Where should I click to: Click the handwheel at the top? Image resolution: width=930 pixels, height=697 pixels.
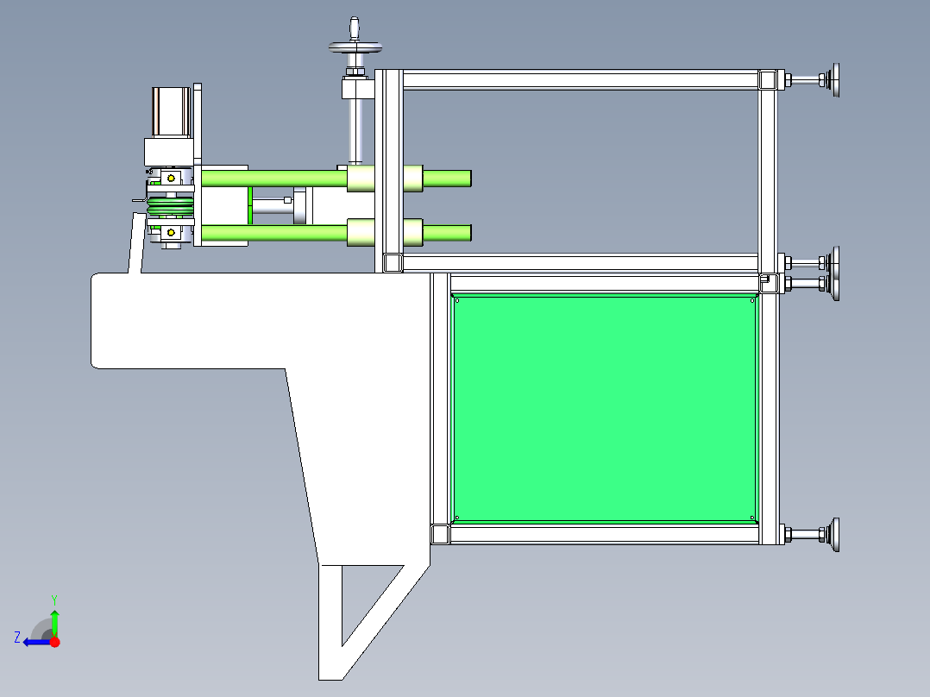[x=355, y=47]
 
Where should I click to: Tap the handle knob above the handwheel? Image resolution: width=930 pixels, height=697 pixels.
[x=355, y=28]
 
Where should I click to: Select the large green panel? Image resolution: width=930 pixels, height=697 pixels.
[x=605, y=409]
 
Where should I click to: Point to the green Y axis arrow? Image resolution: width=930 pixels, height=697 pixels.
[x=54, y=624]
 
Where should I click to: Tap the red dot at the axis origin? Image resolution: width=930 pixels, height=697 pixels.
[x=55, y=642]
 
